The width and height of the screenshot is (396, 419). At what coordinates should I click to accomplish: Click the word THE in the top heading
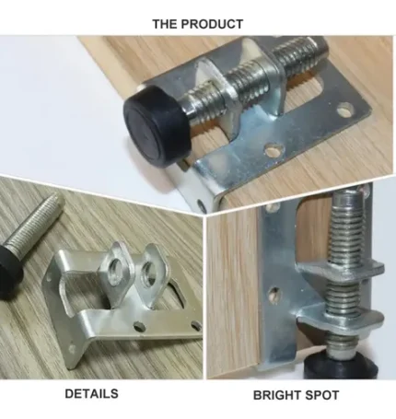pos(164,24)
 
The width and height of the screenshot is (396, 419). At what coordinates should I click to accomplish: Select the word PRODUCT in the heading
pos(212,24)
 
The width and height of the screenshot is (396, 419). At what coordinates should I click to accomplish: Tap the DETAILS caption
pos(91,393)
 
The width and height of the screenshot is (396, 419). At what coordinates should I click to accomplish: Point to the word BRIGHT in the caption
pos(274,395)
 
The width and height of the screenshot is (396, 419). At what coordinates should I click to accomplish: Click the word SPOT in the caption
pos(320,395)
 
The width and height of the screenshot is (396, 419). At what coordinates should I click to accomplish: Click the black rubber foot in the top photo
pos(155,126)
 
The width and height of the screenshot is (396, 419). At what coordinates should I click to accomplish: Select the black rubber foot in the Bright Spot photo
pos(340,366)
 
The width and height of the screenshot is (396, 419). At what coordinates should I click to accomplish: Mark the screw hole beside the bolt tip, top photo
pos(345,111)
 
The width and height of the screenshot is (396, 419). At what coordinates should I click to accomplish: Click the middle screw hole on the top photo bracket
pos(274,149)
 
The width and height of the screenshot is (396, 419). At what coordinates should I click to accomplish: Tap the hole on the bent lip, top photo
pos(201,204)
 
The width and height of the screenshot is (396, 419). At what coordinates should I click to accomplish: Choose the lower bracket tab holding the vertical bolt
pos(341,320)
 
